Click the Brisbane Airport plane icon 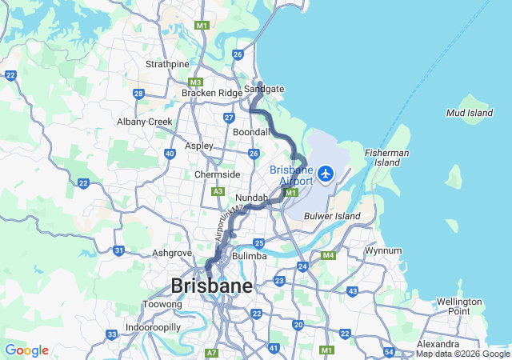pyautogui.click(x=326, y=172)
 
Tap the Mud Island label pyautogui.click(x=470, y=114)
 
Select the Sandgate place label pyautogui.click(x=264, y=89)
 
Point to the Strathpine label pyautogui.click(x=167, y=64)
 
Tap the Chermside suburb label pyautogui.click(x=218, y=174)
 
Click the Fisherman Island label pyautogui.click(x=387, y=157)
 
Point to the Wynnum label pyautogui.click(x=383, y=250)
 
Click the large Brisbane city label pyautogui.click(x=211, y=286)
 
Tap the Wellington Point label pyautogui.click(x=459, y=306)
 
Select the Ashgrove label pyautogui.click(x=172, y=253)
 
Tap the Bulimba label pyautogui.click(x=249, y=256)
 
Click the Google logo pyautogui.click(x=26, y=350)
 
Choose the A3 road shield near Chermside pyautogui.click(x=218, y=191)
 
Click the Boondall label pyautogui.click(x=251, y=132)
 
